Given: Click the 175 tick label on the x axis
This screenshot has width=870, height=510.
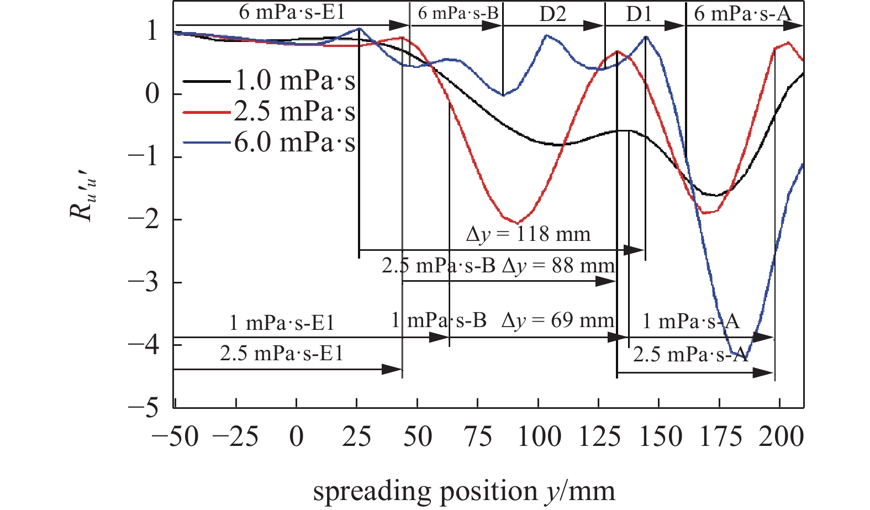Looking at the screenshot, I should click(719, 437).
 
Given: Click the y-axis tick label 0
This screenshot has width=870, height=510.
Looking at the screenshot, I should click(152, 94).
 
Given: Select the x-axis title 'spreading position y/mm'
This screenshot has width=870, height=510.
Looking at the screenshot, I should click(464, 491).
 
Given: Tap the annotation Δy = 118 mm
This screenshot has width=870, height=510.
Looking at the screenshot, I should click(528, 234).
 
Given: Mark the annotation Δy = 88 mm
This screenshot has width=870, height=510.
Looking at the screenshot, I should click(558, 266).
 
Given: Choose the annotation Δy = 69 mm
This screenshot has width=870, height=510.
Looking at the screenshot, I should click(557, 320).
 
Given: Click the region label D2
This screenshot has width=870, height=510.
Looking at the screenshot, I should click(552, 14).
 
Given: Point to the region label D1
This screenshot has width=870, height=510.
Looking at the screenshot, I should click(639, 14).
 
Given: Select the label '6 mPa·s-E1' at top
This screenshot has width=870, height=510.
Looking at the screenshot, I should click(292, 12).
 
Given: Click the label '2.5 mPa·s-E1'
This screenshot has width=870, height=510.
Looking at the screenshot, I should click(282, 353).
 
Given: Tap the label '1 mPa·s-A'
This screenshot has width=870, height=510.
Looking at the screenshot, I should click(691, 321).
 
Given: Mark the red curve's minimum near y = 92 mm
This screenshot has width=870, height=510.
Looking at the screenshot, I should click(517, 223).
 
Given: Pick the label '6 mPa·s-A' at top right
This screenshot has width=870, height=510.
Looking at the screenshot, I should click(742, 14).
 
